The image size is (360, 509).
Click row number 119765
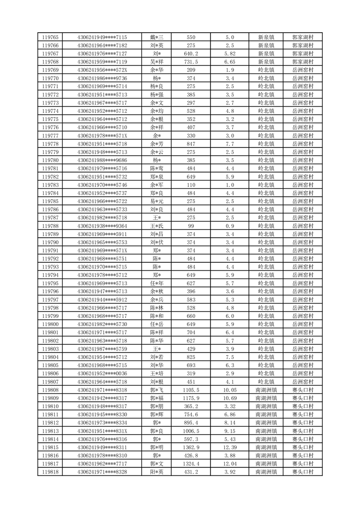pyautogui.click(x=50, y=37)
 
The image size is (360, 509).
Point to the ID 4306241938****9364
pyautogui.click(x=102, y=226)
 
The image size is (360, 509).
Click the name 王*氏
pyautogui.click(x=156, y=226)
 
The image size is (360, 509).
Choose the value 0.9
pyautogui.click(x=229, y=226)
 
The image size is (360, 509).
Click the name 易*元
pyautogui.click(x=156, y=201)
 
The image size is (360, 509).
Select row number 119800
pyautogui.click(x=50, y=324)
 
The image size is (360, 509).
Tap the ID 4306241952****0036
pyautogui.click(x=102, y=373)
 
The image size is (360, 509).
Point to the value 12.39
pyautogui.click(x=229, y=447)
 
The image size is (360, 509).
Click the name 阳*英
pyautogui.click(x=156, y=472)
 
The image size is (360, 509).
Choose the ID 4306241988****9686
pyautogui.click(x=102, y=160)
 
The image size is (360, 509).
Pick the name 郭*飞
pyautogui.click(x=156, y=390)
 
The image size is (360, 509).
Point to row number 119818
pyautogui.click(x=50, y=472)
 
